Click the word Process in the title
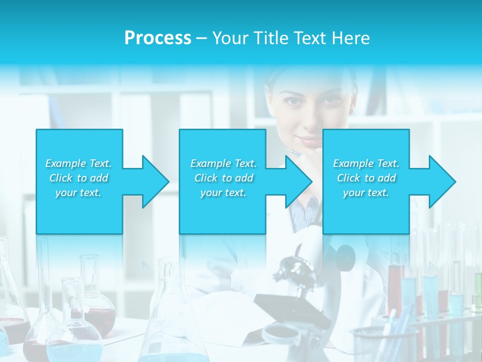[x=158, y=38]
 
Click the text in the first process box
[x=78, y=178]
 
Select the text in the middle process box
[x=223, y=178]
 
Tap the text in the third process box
[x=366, y=178]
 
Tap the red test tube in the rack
[x=396, y=287]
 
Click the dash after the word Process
[x=202, y=38]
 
